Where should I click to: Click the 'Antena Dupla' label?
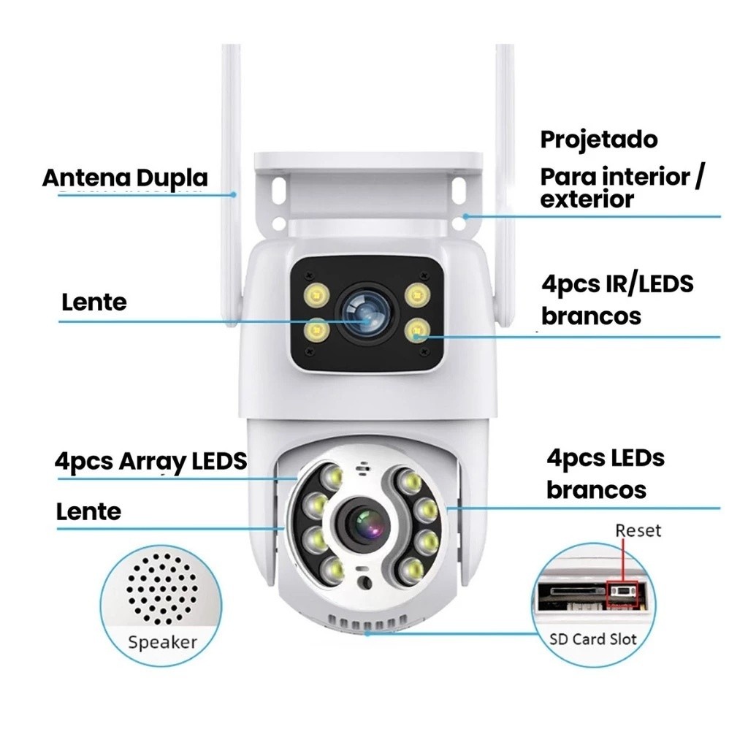125,178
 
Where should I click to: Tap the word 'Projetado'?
598,140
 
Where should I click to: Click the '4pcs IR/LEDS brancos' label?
617,299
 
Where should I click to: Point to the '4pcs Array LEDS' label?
150,462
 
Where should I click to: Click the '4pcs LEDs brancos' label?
605,473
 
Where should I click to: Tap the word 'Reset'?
638,530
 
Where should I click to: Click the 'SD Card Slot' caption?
592,639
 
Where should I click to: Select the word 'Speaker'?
162,643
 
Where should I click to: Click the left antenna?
232,146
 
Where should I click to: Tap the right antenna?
505,146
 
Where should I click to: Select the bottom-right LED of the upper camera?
416,329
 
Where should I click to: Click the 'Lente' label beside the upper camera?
94,302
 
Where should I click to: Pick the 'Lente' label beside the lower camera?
88,511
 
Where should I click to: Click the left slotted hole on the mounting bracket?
279,191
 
